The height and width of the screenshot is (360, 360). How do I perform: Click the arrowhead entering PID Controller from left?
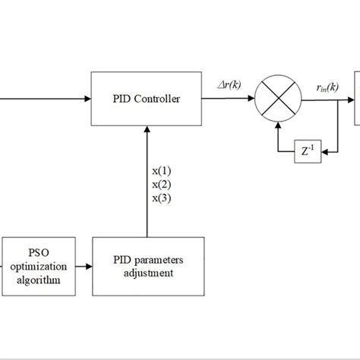86,98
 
